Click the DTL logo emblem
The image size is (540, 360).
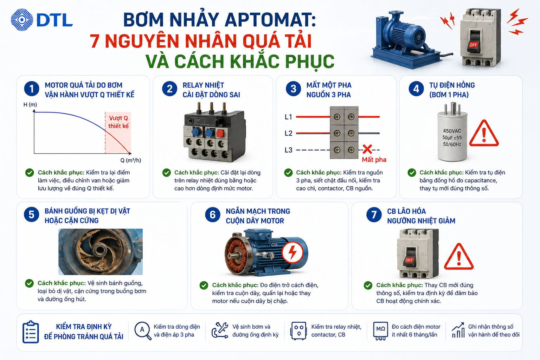coord(22,20)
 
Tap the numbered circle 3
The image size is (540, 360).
coord(293,89)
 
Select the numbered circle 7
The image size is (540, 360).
coord(374,214)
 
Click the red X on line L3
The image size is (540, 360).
coord(367,149)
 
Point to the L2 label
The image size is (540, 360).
coord(288,133)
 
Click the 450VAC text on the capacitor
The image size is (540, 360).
coord(452,131)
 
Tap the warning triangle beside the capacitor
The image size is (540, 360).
coord(484,134)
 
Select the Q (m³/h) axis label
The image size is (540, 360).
coord(131,160)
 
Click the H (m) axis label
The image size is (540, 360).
coord(30,105)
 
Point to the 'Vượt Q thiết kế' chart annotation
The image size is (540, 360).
coord(118,122)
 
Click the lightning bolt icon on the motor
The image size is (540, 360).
coord(292,252)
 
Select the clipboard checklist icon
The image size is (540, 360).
coord(31,332)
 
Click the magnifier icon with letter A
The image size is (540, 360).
coord(143,330)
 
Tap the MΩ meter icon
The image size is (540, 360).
coord(380,330)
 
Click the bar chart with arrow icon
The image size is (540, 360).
coord(458,330)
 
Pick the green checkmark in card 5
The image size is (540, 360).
coord(30,283)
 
